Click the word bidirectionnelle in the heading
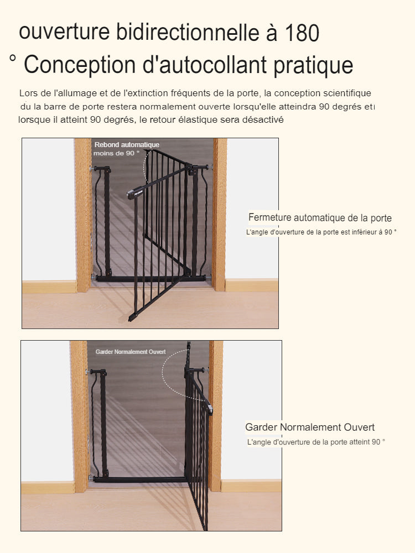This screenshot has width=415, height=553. (x=188, y=32)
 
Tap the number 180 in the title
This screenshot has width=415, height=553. (x=302, y=33)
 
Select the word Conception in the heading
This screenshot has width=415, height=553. (x=80, y=65)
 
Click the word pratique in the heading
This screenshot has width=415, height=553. (x=313, y=66)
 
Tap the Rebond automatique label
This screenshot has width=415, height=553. (x=127, y=144)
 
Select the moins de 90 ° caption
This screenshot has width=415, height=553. (x=116, y=153)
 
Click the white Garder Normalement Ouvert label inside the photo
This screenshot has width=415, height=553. (x=131, y=352)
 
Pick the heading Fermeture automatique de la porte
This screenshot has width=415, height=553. (x=320, y=217)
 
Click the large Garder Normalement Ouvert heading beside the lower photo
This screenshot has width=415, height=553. (x=310, y=427)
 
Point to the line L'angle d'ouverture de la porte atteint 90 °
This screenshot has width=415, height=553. (x=316, y=442)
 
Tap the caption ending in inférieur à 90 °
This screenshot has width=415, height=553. (x=321, y=232)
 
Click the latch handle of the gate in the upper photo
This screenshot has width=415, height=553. (x=134, y=193)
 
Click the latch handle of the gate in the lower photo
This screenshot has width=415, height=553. (x=210, y=410)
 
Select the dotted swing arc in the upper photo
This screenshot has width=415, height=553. (x=144, y=166)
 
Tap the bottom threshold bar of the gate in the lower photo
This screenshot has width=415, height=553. (x=139, y=479)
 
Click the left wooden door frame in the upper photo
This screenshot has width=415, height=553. (x=83, y=215)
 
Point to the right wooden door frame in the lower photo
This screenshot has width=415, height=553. (x=216, y=416)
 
